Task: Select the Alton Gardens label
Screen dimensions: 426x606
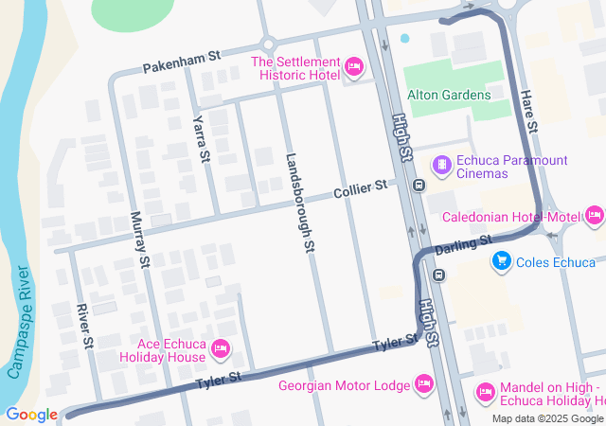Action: point(449,95)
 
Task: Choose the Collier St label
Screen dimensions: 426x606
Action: point(361,190)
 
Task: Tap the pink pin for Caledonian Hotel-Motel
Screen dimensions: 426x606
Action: point(594,217)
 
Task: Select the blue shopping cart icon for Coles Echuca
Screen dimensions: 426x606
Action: point(501,261)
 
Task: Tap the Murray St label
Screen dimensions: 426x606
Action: point(139,238)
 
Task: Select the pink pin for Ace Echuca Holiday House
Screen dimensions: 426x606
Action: point(221,349)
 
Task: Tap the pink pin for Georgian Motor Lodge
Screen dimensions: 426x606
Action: point(424,384)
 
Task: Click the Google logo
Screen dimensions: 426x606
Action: point(31,414)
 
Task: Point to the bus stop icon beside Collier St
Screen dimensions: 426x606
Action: point(418,185)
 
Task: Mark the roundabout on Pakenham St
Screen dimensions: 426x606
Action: point(268,44)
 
